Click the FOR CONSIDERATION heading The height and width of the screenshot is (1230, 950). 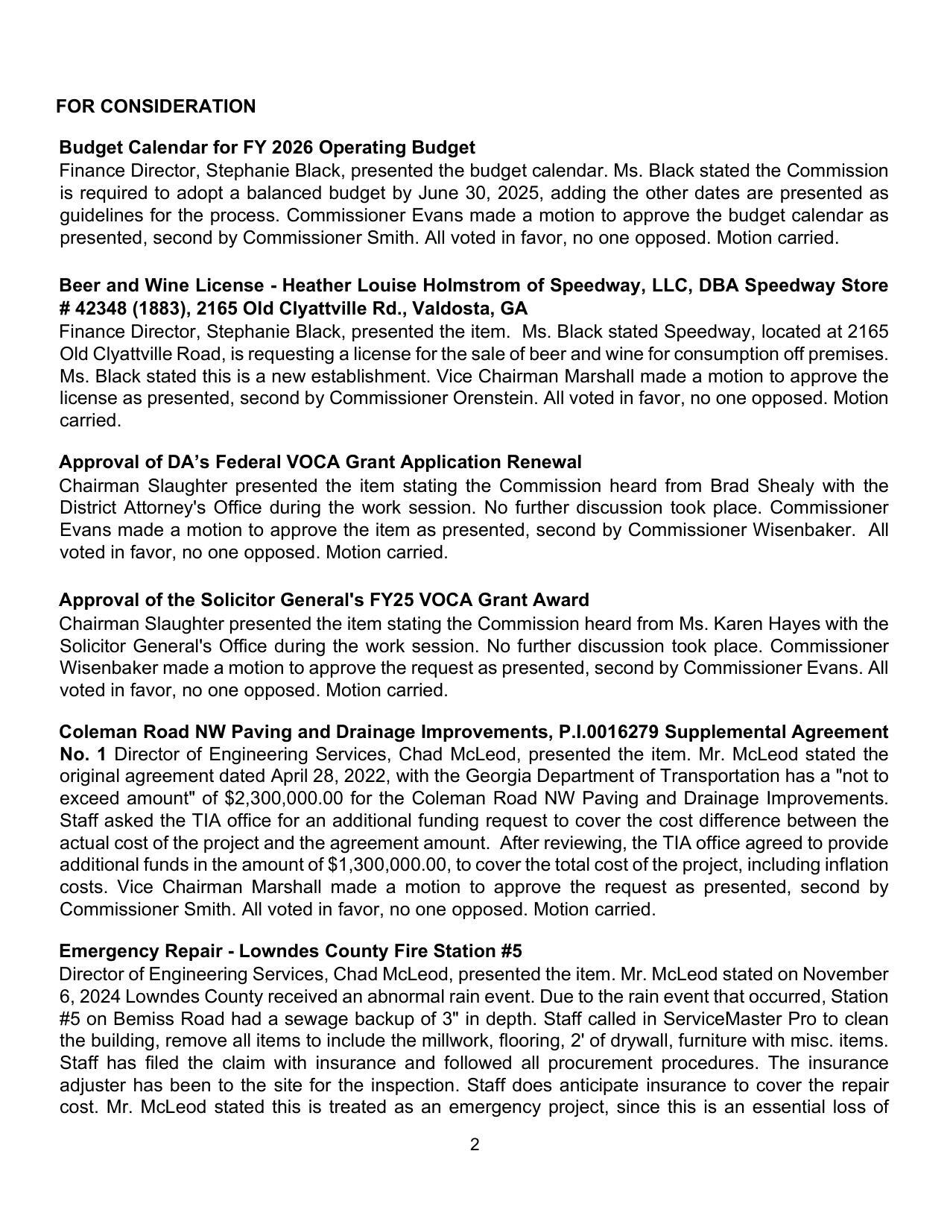156,107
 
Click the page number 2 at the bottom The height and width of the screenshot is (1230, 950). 475,1145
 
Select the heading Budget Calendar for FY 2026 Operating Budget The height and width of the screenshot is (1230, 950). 267,148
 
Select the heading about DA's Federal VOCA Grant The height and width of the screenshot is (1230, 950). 320,462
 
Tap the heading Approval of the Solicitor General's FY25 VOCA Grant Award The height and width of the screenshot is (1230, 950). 323,600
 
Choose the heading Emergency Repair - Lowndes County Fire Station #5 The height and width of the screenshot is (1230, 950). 290,951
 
